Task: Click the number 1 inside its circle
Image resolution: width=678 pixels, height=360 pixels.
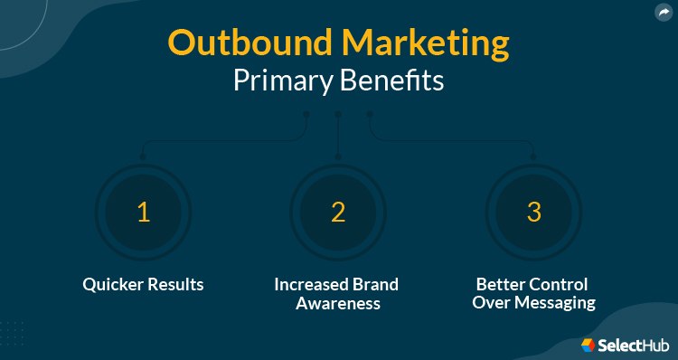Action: tap(142, 213)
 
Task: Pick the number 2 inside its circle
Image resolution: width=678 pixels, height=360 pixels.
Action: tap(338, 213)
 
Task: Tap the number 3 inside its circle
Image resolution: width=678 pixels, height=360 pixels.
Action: tap(534, 213)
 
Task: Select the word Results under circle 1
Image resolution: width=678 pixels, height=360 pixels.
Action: tap(174, 285)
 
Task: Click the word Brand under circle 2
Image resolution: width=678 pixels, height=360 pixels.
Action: tap(377, 285)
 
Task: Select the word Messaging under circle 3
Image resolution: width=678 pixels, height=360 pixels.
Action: tap(554, 304)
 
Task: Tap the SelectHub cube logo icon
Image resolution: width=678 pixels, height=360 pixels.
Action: tap(589, 345)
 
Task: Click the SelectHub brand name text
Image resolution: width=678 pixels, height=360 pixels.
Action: tap(633, 345)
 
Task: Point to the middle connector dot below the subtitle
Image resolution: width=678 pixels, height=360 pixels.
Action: tap(337, 115)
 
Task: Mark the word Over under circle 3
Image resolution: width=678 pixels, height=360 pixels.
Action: tap(490, 304)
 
